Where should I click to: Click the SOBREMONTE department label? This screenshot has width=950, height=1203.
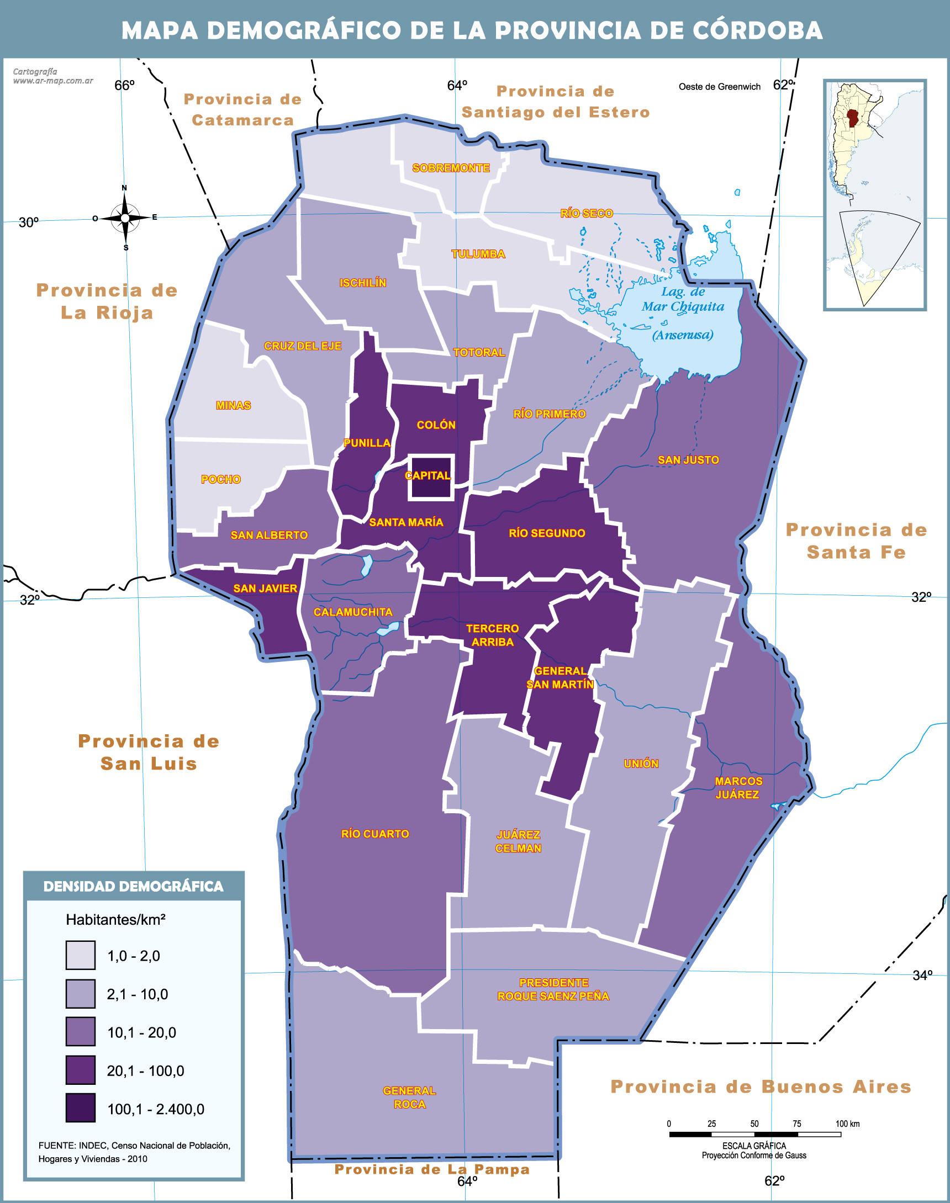pyautogui.click(x=451, y=168)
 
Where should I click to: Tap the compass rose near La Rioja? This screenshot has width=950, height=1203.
pyautogui.click(x=125, y=218)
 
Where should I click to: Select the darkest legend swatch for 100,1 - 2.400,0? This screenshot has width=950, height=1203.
pyautogui.click(x=80, y=1108)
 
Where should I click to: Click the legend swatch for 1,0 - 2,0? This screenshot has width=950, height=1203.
pyautogui.click(x=80, y=955)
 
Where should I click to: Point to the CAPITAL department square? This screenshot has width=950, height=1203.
pyautogui.click(x=431, y=476)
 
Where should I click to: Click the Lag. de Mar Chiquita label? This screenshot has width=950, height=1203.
pyautogui.click(x=683, y=300)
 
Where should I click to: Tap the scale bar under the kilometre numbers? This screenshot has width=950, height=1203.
pyautogui.click(x=754, y=1134)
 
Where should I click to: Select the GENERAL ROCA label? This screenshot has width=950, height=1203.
pyautogui.click(x=409, y=1098)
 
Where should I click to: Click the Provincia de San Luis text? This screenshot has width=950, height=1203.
pyautogui.click(x=149, y=752)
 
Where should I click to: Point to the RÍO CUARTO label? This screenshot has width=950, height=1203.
pyautogui.click(x=375, y=834)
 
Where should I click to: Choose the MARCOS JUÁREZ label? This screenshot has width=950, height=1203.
pyautogui.click(x=738, y=788)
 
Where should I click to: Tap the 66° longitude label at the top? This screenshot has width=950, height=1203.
pyautogui.click(x=124, y=85)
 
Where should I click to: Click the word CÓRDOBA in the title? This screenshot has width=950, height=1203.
pyautogui.click(x=758, y=30)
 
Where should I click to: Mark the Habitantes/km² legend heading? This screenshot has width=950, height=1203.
pyautogui.click(x=115, y=919)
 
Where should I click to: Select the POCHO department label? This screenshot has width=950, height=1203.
pyautogui.click(x=221, y=479)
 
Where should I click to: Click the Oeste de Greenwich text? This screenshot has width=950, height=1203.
pyautogui.click(x=719, y=87)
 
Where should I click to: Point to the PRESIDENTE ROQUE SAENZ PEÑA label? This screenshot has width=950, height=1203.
pyautogui.click(x=553, y=989)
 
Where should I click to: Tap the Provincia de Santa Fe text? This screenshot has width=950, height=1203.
pyautogui.click(x=856, y=541)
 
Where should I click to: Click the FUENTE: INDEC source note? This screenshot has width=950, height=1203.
pyautogui.click(x=134, y=1152)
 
